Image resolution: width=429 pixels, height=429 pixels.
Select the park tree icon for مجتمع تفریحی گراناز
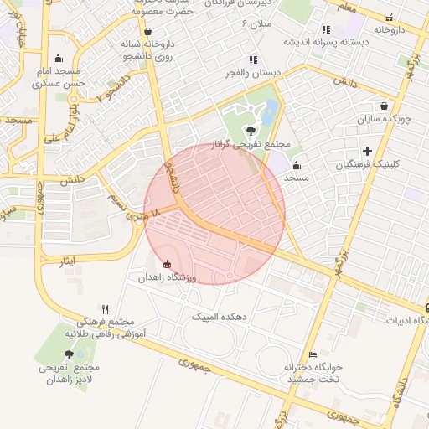coord(250,129)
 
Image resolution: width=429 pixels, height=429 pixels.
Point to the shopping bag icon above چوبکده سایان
coord(384,106)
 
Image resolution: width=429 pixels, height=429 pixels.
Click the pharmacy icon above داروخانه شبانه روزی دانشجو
coord(147,31)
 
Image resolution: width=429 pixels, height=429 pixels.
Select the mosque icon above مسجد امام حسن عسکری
coord(58,58)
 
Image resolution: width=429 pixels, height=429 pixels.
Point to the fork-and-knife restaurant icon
coord(105,309)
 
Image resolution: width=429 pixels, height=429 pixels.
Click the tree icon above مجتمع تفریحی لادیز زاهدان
coord(69,354)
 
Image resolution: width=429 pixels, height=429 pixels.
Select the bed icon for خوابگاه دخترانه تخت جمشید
coord(313,354)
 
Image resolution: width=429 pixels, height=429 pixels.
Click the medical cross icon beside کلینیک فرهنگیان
coord(367,151)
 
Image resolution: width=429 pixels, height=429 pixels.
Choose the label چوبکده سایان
coord(384,119)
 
